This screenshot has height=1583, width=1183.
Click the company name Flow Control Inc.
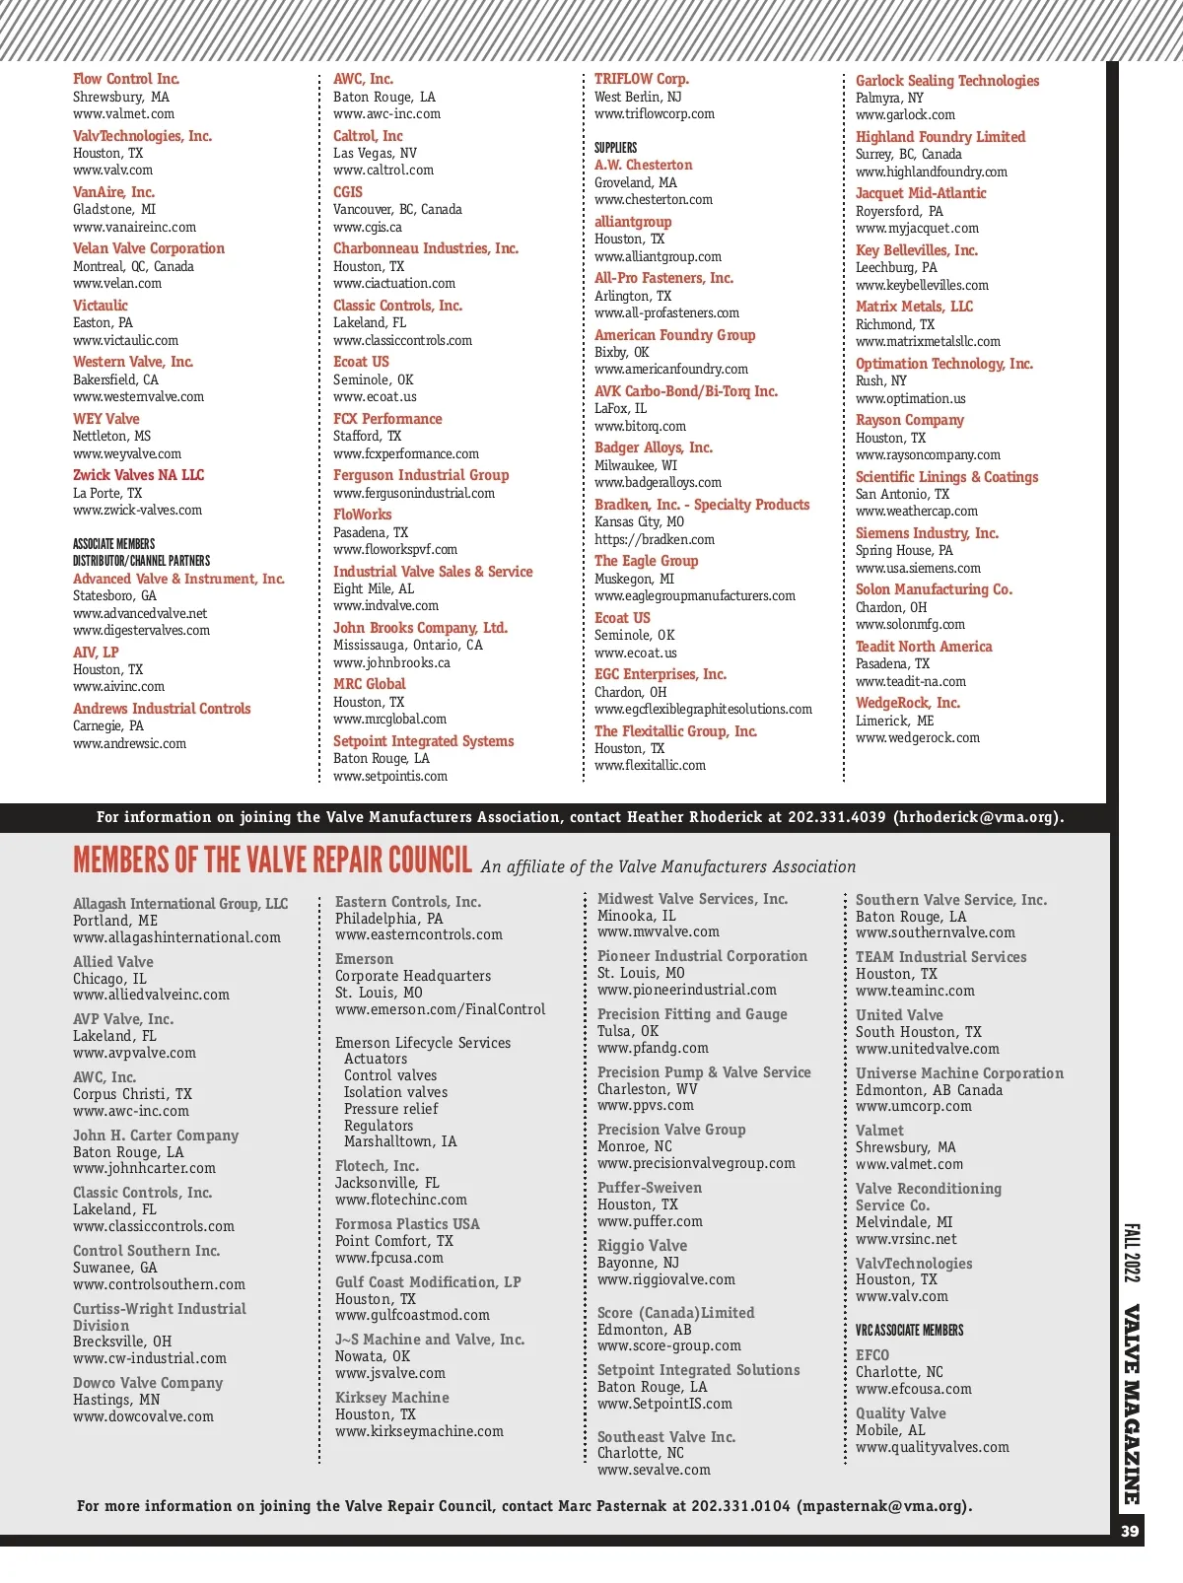point(126,79)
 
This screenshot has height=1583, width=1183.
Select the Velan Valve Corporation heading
point(149,248)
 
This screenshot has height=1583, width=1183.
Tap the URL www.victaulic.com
point(125,340)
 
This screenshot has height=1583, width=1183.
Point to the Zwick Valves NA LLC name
point(138,475)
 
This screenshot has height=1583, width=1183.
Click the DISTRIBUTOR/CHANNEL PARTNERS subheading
point(141,561)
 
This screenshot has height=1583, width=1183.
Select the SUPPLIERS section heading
point(615,148)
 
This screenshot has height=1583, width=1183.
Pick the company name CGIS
point(348,192)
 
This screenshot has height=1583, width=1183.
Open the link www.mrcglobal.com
point(389,720)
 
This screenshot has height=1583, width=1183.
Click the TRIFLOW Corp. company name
point(642,79)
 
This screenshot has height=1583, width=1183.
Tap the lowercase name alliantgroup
point(633,222)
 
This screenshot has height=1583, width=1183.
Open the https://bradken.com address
point(655,540)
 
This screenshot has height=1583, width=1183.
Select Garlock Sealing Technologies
point(947,81)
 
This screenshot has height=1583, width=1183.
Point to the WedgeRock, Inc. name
point(908,703)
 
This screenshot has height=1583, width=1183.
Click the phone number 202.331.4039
point(837,817)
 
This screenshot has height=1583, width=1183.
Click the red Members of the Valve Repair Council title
point(273,860)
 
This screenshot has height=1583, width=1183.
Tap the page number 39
point(1130,1531)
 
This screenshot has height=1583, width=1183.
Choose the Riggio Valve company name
point(642,1246)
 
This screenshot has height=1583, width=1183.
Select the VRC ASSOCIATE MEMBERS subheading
point(909,1331)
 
